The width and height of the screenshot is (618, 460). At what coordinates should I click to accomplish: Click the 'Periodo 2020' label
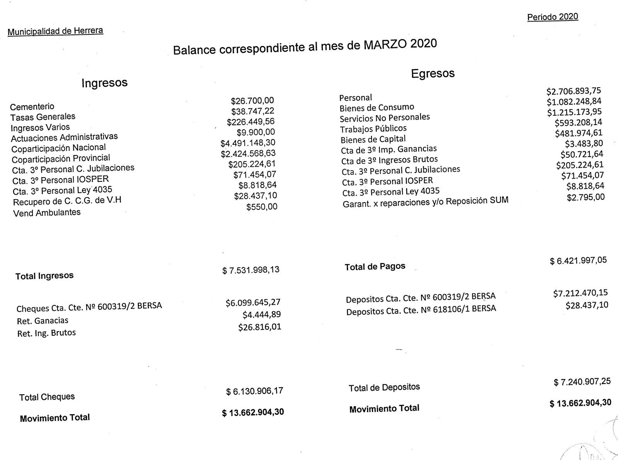click(552, 17)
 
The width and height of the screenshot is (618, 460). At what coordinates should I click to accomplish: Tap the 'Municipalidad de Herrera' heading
click(55, 31)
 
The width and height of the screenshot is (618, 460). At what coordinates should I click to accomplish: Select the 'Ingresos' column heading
click(104, 83)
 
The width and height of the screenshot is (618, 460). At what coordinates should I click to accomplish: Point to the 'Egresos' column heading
click(433, 73)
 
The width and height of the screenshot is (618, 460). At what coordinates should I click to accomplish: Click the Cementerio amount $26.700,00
click(252, 101)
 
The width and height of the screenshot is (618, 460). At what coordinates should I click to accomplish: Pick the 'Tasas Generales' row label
click(43, 117)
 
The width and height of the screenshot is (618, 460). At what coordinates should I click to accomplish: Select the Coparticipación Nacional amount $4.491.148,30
click(248, 143)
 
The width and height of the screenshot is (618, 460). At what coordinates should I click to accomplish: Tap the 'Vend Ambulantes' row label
click(47, 213)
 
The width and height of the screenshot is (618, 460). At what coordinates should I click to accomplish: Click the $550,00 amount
click(261, 207)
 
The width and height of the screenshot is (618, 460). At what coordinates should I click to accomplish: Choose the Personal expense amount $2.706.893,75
click(574, 91)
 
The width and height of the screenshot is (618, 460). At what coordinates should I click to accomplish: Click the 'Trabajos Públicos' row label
click(373, 129)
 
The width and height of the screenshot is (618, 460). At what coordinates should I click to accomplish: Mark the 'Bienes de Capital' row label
click(373, 139)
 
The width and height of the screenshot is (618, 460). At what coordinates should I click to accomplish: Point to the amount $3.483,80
click(584, 144)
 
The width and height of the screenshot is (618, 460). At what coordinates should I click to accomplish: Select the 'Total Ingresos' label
click(44, 276)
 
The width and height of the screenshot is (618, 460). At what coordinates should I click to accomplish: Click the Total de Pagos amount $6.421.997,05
click(578, 260)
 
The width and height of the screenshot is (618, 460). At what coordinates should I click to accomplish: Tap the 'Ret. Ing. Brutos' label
click(46, 333)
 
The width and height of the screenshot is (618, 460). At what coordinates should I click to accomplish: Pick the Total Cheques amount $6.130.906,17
click(255, 391)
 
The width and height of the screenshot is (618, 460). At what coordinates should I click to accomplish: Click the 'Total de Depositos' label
click(384, 387)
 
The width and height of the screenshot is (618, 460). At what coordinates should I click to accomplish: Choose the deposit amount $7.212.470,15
click(580, 293)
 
